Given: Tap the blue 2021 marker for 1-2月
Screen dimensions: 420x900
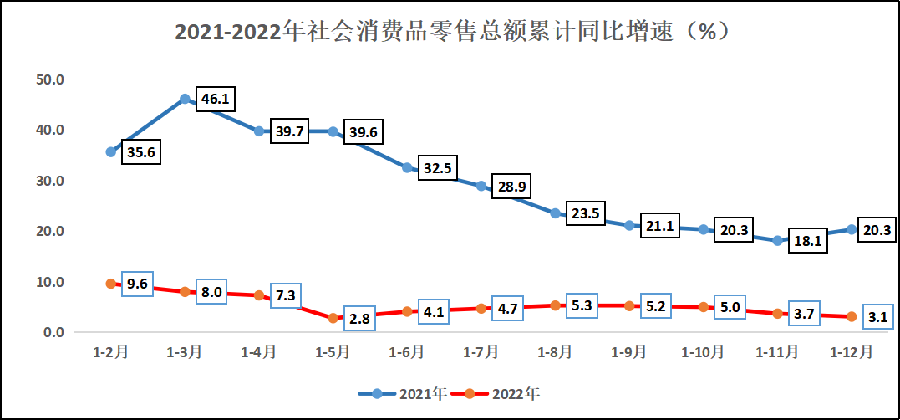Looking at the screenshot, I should (x=111, y=151).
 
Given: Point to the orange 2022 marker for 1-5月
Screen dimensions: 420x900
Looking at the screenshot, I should (x=333, y=318).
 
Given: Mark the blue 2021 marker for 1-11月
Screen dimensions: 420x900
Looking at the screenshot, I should (x=777, y=241).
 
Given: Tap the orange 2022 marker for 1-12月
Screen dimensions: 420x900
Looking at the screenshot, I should (x=852, y=316).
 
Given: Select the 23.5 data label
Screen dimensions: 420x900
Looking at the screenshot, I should (x=586, y=213).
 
